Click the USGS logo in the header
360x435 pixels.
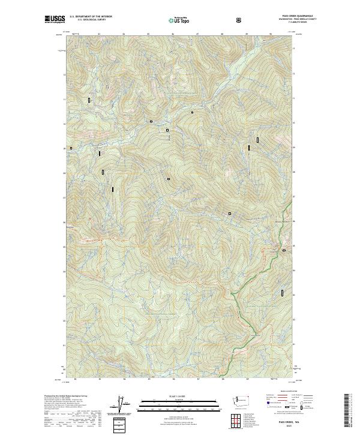coord(55,19)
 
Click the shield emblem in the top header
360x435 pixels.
coord(239,20)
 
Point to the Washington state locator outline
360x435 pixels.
coord(242,401)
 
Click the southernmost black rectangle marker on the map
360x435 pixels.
coord(282,293)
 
